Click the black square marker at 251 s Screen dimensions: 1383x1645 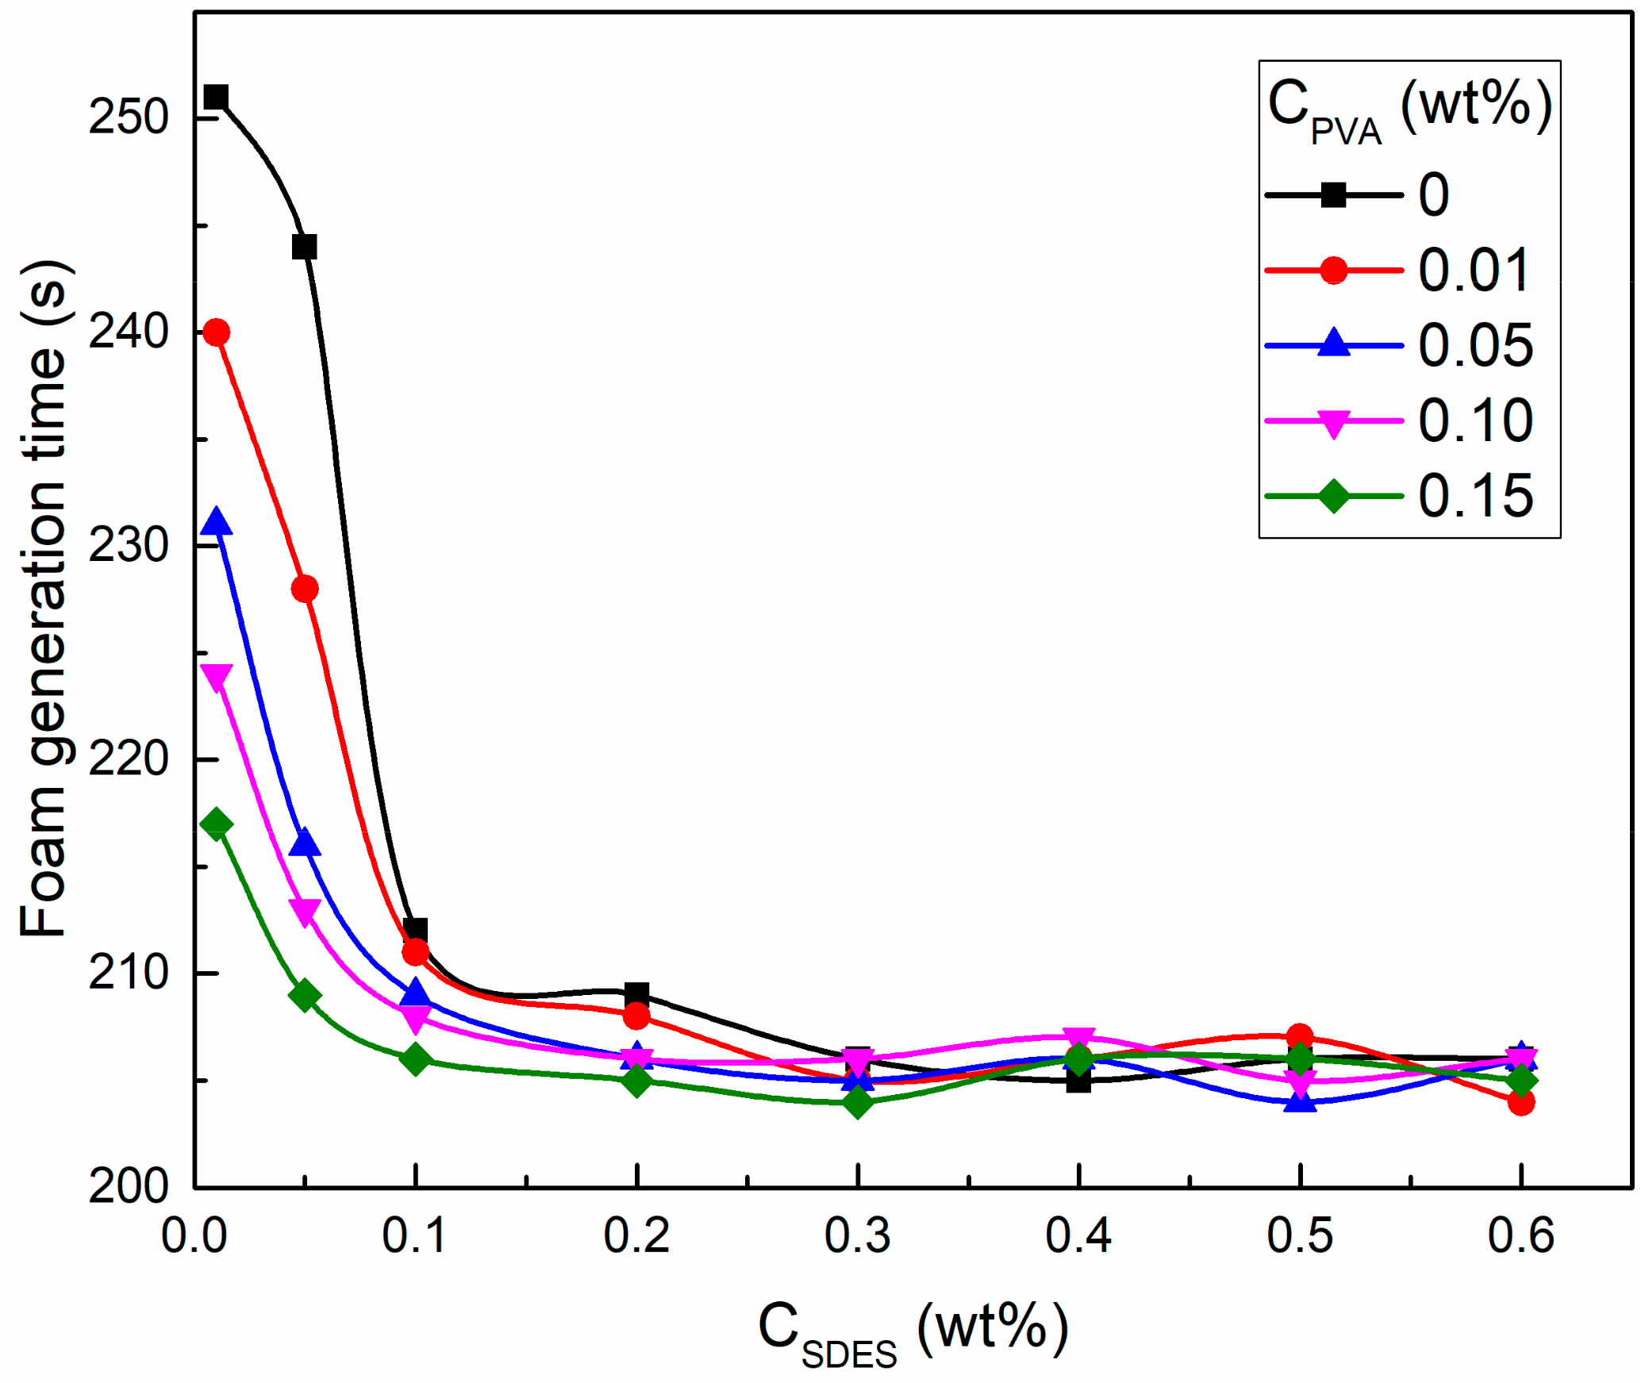pyautogui.click(x=216, y=98)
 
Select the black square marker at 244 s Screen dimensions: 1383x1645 pyautogui.click(x=305, y=247)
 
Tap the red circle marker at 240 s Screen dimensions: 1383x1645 pyautogui.click(x=216, y=332)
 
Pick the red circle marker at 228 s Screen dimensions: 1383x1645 pyautogui.click(x=305, y=589)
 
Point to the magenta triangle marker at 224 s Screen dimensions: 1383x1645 pyautogui.click(x=216, y=676)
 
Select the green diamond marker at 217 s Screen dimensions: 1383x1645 pyautogui.click(x=216, y=824)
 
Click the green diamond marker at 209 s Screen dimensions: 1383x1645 pyautogui.click(x=305, y=995)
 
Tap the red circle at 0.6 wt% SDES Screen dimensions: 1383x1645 pyautogui.click(x=1520, y=1102)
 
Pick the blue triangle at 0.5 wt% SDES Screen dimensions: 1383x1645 pyautogui.click(x=1299, y=1101)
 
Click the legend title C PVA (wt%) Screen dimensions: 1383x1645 pyautogui.click(x=1409, y=109)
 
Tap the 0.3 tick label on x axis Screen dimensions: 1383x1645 pyautogui.click(x=857, y=1235)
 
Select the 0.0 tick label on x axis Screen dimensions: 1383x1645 pyautogui.click(x=194, y=1235)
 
